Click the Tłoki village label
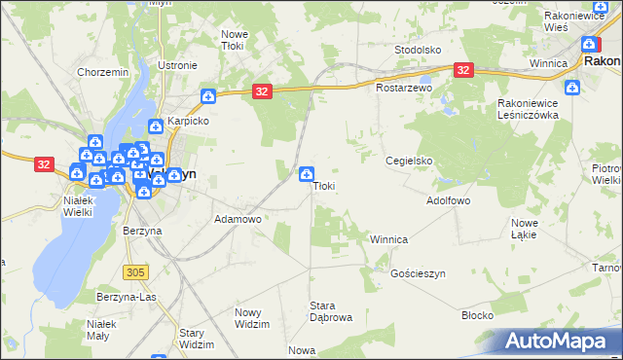tap(324, 186)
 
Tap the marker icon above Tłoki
tap(307, 174)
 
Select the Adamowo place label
tap(238, 220)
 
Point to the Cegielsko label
tap(409, 161)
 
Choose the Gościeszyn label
tap(418, 274)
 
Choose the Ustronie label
tap(177, 65)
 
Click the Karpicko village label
tap(188, 122)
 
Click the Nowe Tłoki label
tap(235, 40)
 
